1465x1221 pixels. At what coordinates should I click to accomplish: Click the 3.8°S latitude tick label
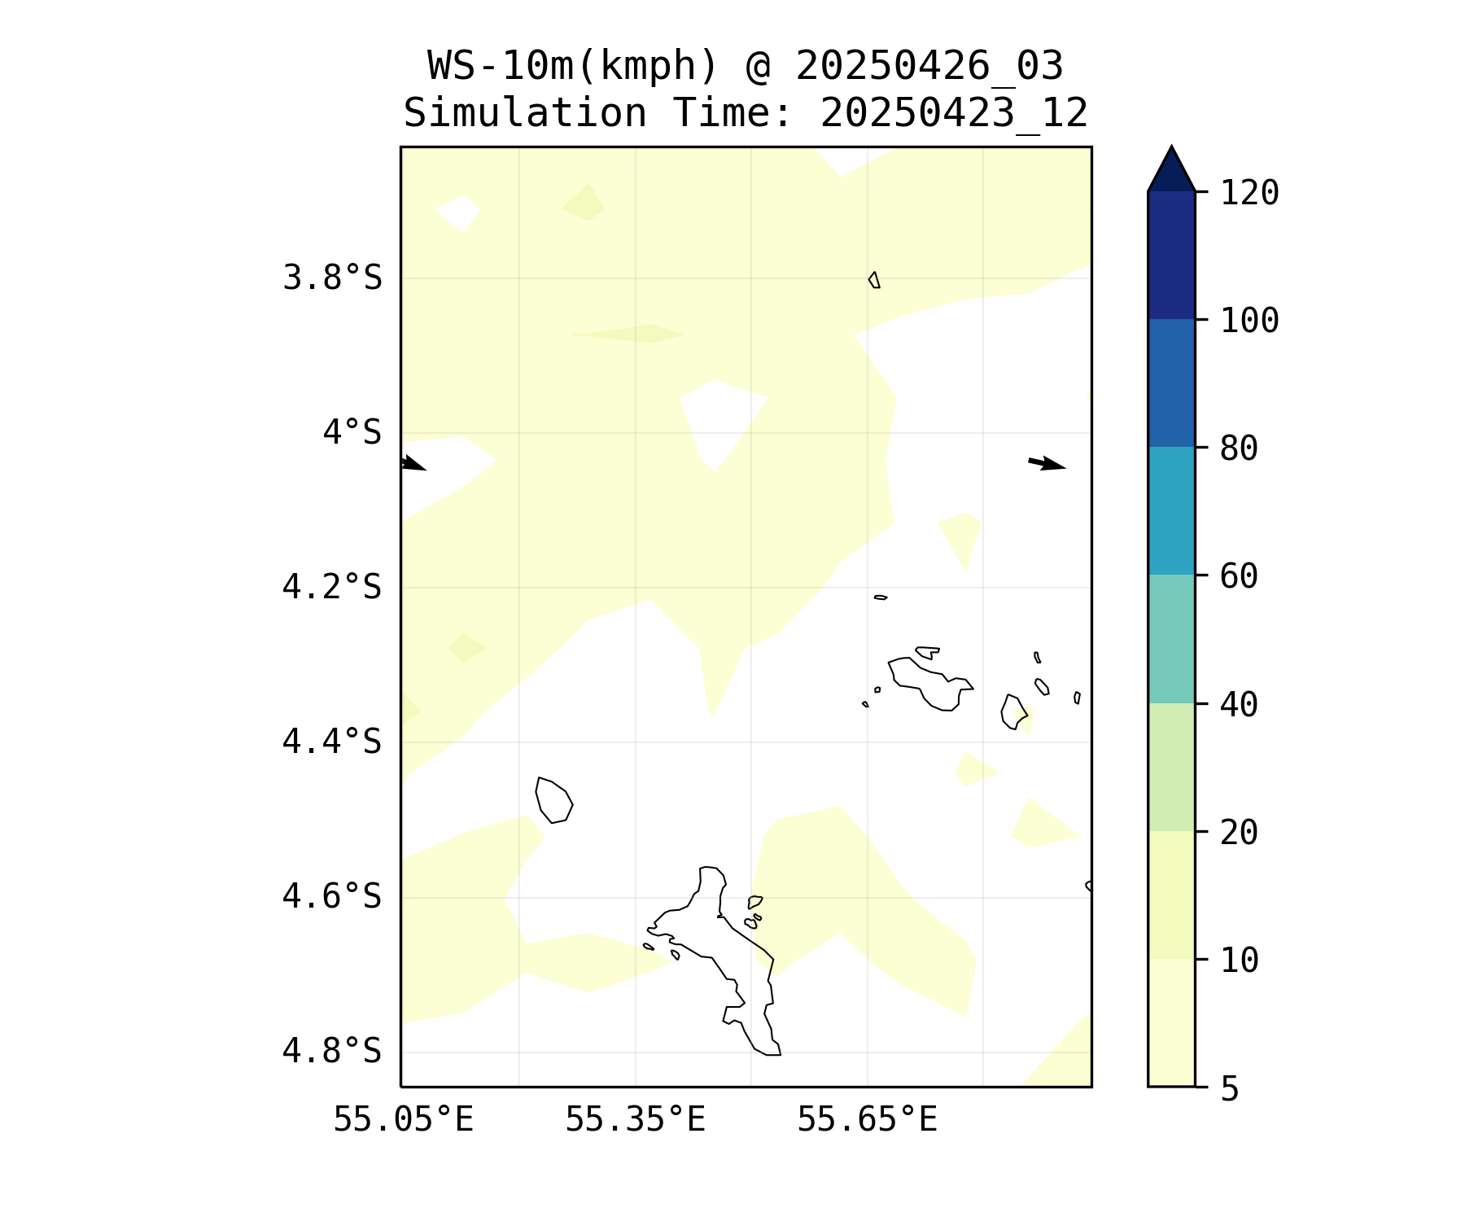[x=332, y=278]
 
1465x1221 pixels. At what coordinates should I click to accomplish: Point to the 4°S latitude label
[x=352, y=432]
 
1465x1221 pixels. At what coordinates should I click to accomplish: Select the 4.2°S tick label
[x=332, y=587]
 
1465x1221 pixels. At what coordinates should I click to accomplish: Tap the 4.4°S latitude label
[x=332, y=742]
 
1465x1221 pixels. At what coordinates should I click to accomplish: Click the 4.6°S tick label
[x=332, y=896]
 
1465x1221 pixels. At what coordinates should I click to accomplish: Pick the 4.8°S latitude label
[x=332, y=1051]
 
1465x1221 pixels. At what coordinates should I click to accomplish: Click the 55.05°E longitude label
[x=403, y=1120]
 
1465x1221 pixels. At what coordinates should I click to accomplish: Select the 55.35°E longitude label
[x=635, y=1120]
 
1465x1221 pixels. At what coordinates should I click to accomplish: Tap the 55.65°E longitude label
[x=867, y=1120]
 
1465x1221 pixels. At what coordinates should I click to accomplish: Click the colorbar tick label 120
[x=1249, y=194]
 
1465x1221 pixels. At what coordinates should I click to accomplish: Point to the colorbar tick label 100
[x=1249, y=321]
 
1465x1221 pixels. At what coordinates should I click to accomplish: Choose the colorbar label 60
[x=1239, y=576]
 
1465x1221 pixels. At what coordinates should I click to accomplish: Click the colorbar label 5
[x=1229, y=1089]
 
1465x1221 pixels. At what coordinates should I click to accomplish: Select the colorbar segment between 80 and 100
[x=1171, y=383]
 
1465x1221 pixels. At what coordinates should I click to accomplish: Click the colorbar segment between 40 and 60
[x=1171, y=639]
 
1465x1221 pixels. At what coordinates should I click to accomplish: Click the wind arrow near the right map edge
[x=1047, y=464]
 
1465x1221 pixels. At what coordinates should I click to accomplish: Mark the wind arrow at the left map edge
[x=413, y=463]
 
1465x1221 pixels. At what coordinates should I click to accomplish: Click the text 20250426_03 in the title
[x=929, y=66]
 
